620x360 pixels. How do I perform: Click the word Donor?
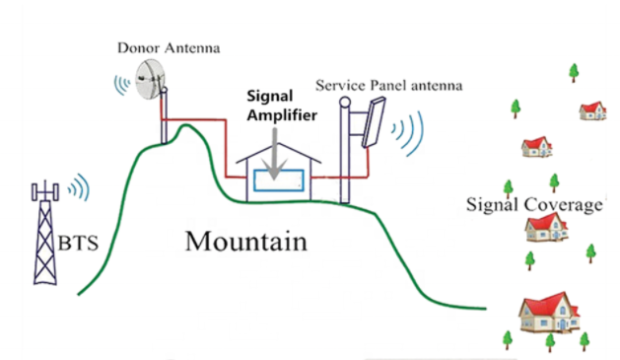[139, 46]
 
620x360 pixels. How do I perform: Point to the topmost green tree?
[574, 72]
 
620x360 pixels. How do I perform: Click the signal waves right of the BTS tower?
[81, 187]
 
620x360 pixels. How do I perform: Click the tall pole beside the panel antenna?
[346, 148]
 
